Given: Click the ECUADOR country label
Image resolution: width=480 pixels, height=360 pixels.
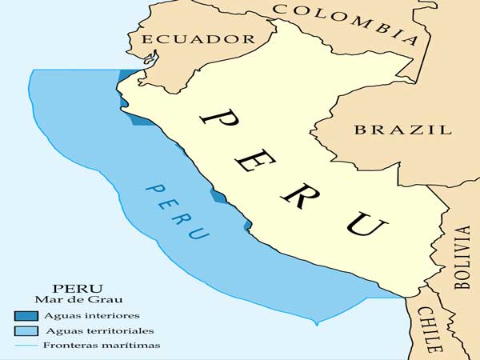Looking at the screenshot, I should pos(196,38).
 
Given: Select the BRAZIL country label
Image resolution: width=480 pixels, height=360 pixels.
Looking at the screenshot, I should pos(402,129).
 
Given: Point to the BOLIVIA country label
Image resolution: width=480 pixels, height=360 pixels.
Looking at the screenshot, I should pos(462,256).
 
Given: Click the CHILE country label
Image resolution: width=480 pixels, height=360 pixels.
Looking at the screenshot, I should pos(429,328).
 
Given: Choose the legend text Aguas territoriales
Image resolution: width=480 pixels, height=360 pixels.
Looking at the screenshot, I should pos(100,330).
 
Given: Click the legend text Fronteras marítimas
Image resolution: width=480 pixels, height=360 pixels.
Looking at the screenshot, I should pos(102,346).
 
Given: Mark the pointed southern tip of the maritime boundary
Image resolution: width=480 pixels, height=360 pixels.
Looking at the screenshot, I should pos(318,324).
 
